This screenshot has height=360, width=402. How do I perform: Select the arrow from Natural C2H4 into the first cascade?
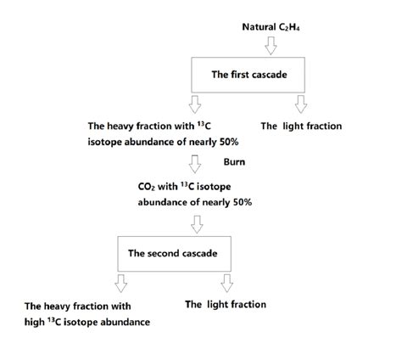click(x=271, y=45)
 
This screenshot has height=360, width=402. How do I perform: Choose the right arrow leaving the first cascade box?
click(x=299, y=104)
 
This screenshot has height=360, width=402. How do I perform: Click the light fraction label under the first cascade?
click(x=301, y=126)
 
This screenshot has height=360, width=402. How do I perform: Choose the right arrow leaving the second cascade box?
click(x=226, y=282)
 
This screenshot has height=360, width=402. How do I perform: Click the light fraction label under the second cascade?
click(x=226, y=304)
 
